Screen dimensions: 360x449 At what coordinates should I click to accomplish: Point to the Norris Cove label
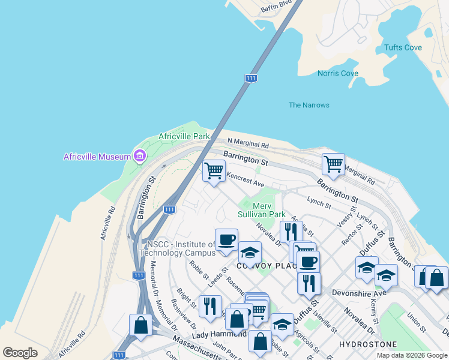pos(338,73)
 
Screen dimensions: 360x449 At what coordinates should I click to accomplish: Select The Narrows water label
pos(309,105)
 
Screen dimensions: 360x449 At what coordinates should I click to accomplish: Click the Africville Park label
pos(184,136)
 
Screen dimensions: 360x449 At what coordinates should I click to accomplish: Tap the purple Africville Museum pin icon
pos(140,157)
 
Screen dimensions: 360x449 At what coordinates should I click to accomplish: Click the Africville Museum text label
pos(97,157)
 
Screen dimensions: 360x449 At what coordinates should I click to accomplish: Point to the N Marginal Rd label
pos(248,143)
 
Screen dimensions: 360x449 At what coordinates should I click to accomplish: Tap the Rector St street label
pos(349,235)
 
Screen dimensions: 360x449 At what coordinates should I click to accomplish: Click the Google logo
pos(20,352)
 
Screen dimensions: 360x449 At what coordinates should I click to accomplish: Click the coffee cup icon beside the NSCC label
pos(226,240)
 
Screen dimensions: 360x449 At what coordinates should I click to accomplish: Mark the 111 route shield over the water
pos(252,78)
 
